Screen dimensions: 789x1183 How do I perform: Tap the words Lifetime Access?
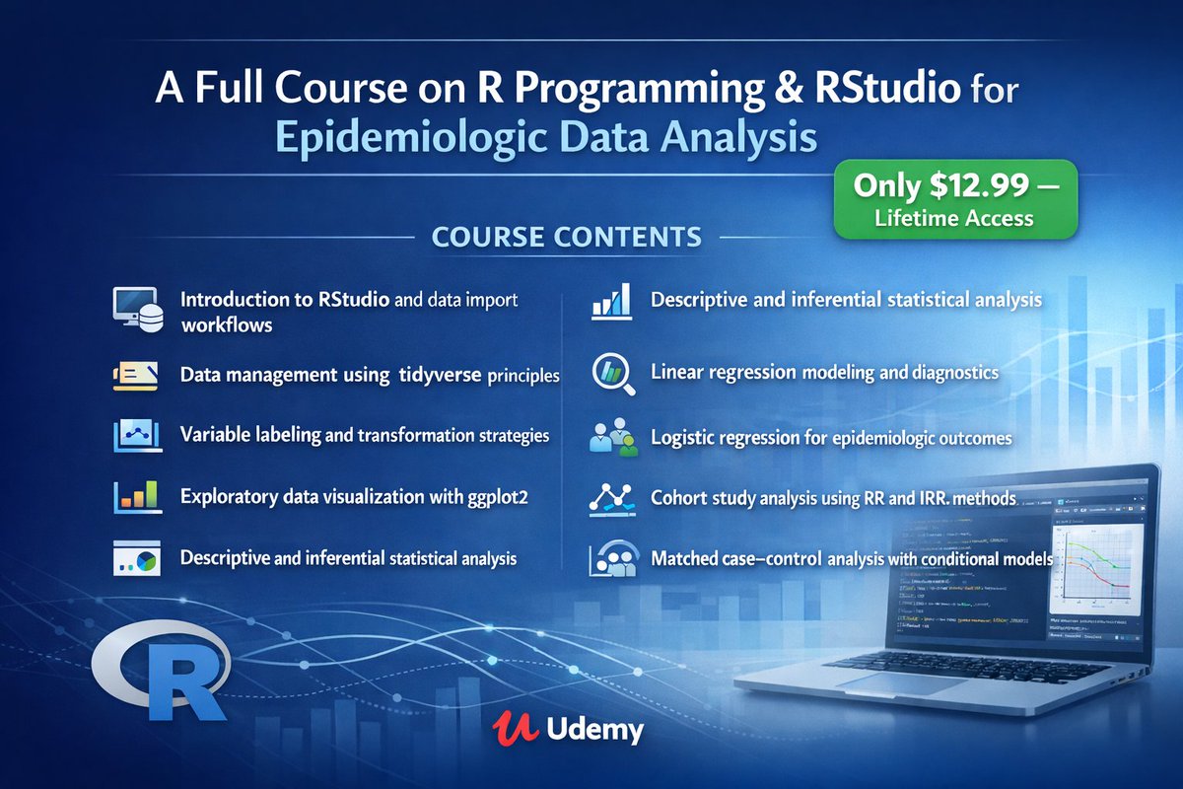(x=953, y=219)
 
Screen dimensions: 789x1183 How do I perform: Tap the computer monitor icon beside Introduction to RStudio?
(x=135, y=308)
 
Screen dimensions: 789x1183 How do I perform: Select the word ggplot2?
(x=492, y=498)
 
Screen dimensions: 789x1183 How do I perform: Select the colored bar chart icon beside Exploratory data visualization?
(x=136, y=496)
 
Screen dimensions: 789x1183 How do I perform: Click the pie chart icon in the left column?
(x=136, y=558)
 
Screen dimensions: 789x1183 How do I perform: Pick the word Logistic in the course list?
(x=684, y=437)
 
